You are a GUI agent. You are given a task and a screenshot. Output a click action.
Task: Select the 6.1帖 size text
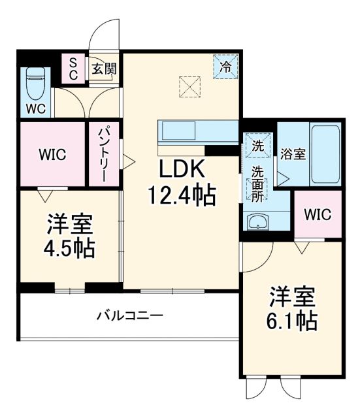point(293,320)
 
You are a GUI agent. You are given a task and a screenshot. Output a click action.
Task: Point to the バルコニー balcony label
point(130,316)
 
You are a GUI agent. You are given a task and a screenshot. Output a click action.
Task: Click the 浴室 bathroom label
point(293,155)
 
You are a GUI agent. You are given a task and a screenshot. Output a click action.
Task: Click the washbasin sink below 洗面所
point(259,221)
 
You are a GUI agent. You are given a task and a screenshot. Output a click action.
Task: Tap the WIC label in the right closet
point(318,214)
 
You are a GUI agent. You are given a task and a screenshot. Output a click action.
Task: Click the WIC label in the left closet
point(52,155)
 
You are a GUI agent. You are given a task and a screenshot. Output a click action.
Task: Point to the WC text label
point(36,108)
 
